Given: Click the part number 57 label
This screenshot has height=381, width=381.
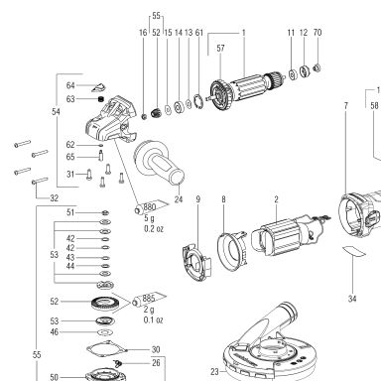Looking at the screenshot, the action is (220, 48).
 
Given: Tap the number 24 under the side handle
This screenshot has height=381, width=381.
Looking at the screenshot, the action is (179, 199).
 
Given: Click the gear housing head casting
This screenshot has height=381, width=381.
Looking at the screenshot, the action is (110, 120).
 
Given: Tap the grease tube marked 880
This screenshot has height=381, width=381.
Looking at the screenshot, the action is (150, 207).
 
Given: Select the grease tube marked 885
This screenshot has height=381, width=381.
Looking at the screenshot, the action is (149, 300).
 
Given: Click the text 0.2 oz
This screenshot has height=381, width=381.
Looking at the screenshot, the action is (154, 229).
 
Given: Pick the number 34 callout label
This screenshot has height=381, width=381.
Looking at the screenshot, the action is (352, 299).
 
